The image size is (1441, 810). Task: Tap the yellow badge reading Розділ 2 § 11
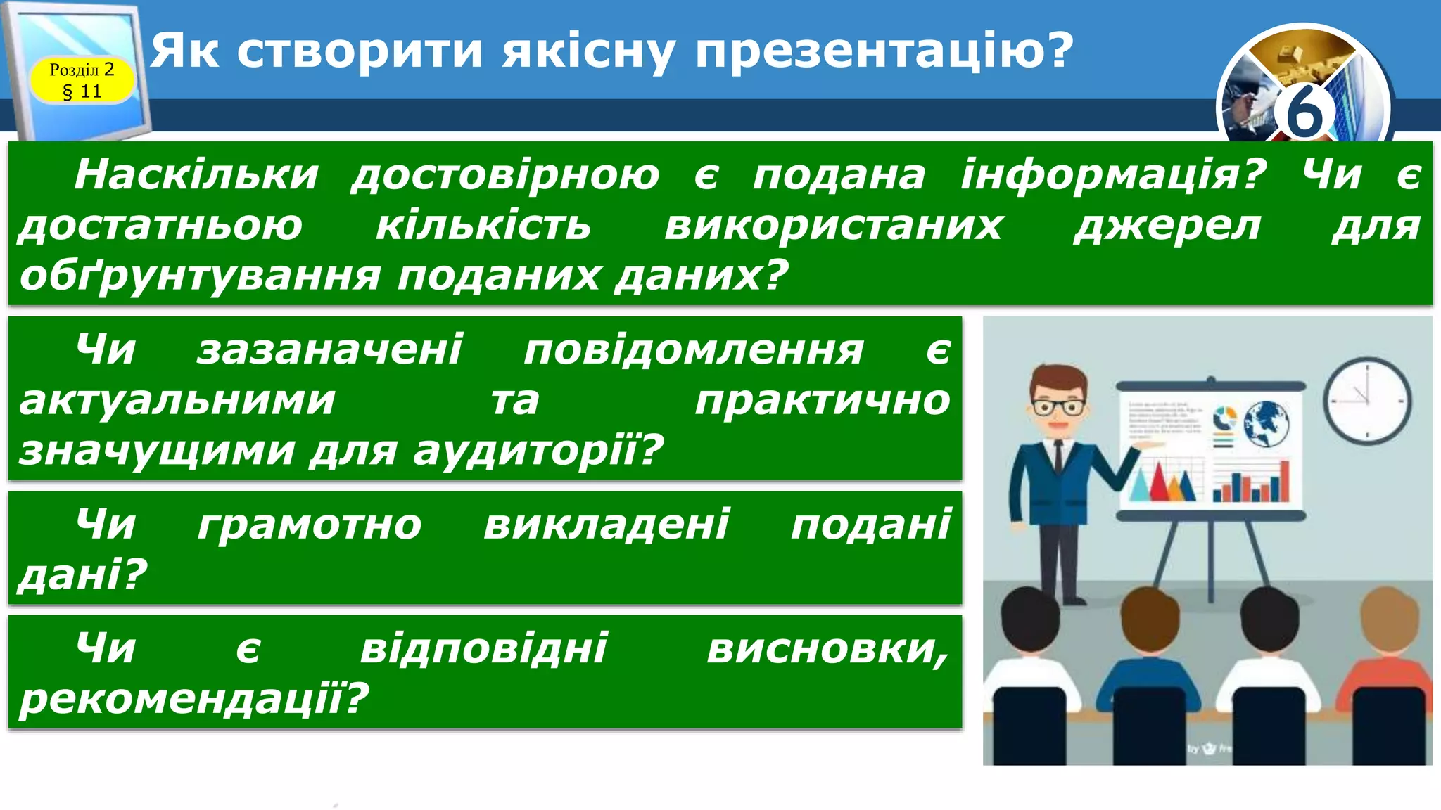[82, 80]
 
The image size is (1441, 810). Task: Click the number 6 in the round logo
[1304, 112]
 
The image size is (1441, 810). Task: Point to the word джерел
[1167, 226]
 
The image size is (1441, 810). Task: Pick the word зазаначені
[329, 349]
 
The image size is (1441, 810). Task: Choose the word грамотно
[310, 525]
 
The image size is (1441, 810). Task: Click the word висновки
[827, 648]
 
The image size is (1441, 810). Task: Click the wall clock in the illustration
[1367, 401]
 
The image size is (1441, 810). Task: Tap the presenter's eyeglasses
[1058, 407]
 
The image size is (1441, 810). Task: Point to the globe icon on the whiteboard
[1266, 423]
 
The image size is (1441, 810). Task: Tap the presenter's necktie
[1058, 457]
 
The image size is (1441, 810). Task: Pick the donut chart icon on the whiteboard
[1224, 418]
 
